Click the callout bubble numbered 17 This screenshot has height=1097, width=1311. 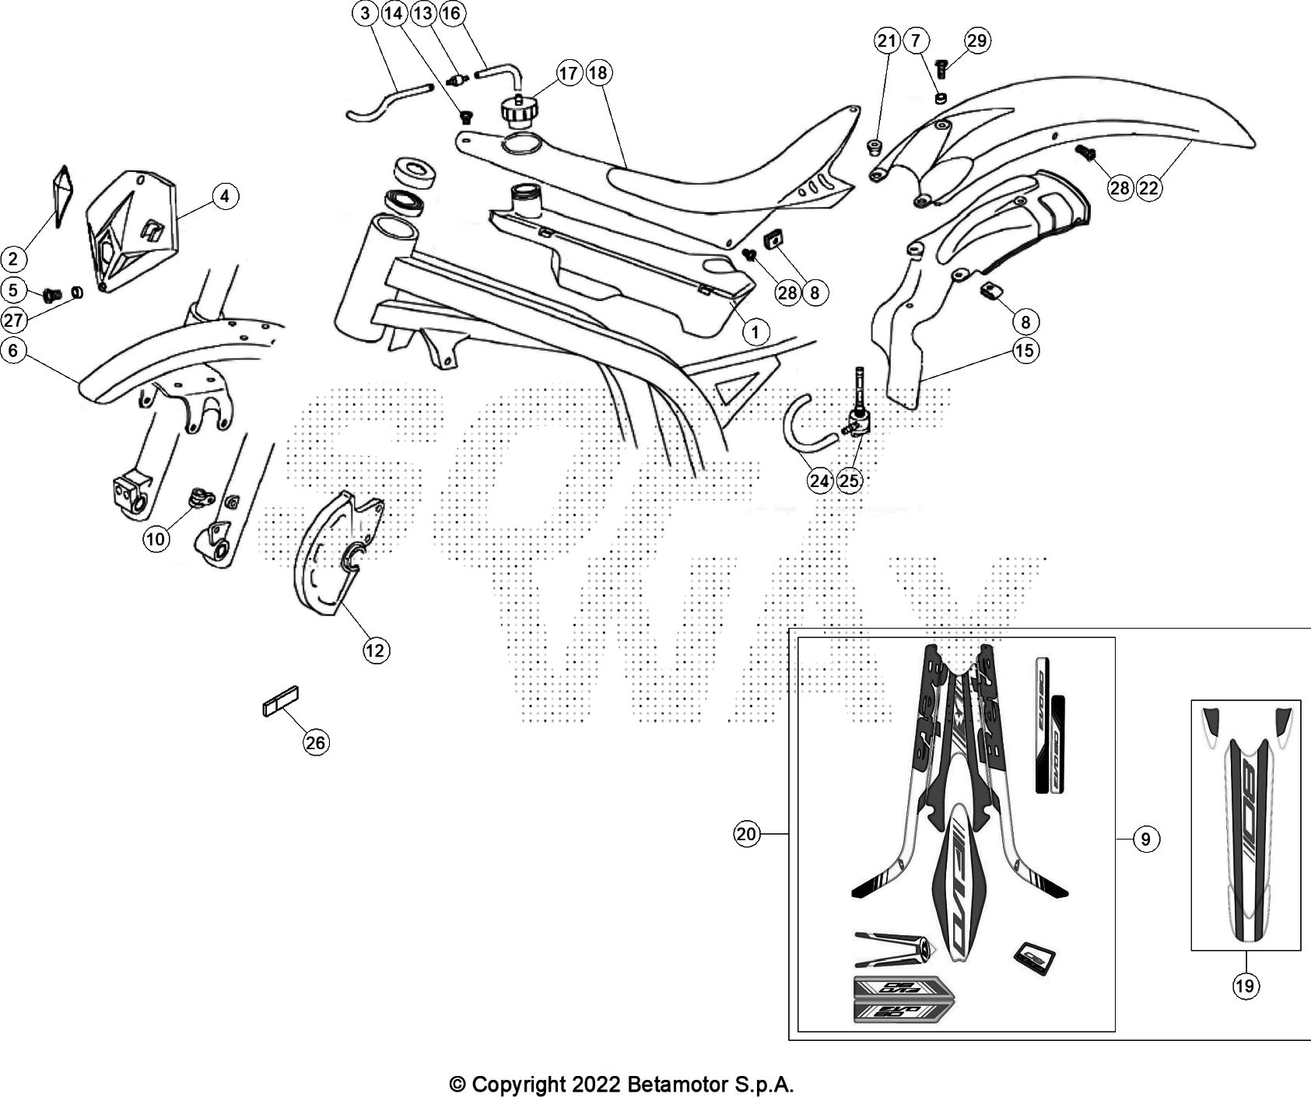point(569,73)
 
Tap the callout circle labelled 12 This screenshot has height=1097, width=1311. point(376,650)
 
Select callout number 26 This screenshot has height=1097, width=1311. point(315,743)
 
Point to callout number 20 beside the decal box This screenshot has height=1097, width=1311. point(746,835)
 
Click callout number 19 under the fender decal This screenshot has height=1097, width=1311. point(1244,987)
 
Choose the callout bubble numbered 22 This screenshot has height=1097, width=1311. point(1148,188)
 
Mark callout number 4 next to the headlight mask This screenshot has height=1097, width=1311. point(225,196)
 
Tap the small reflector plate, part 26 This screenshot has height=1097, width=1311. point(281,700)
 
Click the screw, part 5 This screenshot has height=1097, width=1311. point(53,295)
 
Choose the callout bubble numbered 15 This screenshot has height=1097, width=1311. point(1025,351)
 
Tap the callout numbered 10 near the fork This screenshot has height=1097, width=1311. point(156,538)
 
